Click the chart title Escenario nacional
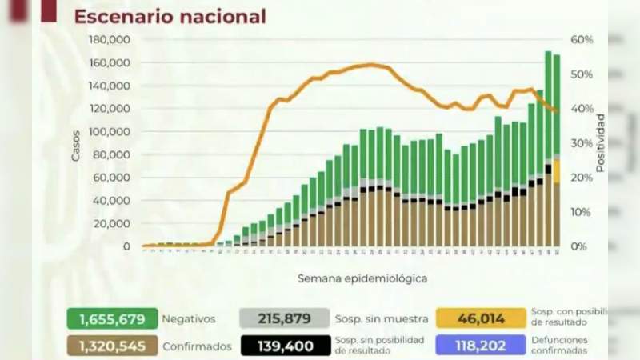point(170,16)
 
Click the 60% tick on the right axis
point(582,40)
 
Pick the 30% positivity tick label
point(582,143)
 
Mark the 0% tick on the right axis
point(579,246)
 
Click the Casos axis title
point(76,145)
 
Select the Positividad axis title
point(600,144)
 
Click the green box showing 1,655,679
point(112,319)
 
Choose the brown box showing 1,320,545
point(112,346)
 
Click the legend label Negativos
point(188,319)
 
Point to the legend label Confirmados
point(197,346)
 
